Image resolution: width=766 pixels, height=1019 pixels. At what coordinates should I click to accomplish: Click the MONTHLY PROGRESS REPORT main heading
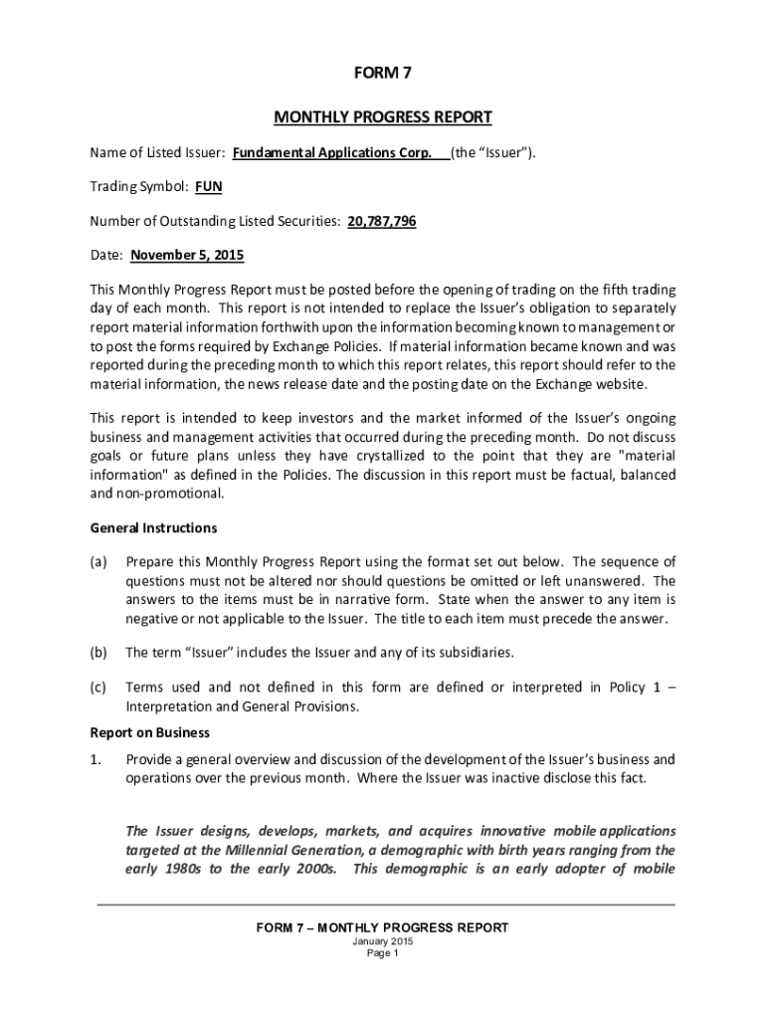383,117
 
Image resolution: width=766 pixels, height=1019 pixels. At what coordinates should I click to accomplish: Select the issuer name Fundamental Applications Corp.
332,152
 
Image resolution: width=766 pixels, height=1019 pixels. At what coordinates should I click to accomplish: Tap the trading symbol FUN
208,186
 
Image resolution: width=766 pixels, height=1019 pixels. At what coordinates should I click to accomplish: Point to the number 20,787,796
382,220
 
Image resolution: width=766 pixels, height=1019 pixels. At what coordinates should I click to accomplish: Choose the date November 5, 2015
187,255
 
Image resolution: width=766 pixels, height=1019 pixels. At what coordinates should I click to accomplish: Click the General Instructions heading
153,527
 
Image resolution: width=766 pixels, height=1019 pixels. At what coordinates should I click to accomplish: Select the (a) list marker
98,561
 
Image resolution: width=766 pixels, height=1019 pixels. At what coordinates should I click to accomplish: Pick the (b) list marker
98,653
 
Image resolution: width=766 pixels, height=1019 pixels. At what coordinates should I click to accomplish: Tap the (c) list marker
98,687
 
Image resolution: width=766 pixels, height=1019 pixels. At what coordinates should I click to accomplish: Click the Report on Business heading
150,732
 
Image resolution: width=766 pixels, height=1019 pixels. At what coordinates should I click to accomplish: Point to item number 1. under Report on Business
96,759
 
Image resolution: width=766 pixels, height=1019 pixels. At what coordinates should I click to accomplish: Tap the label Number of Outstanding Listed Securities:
215,220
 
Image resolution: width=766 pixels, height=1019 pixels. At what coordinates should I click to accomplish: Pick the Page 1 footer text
383,953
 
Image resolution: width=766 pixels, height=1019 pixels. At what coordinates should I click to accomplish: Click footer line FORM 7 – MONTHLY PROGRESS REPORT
383,927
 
